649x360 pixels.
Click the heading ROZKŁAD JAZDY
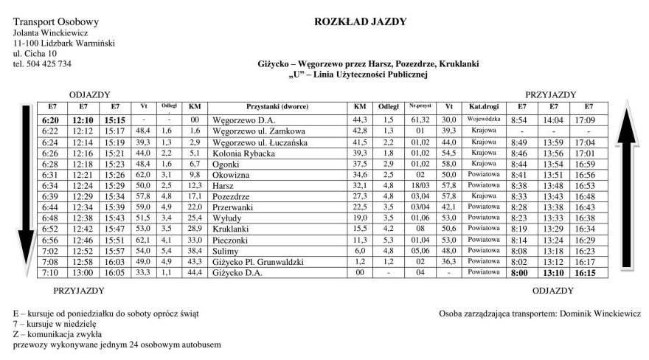pos(360,21)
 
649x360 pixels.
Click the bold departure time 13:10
pos(553,272)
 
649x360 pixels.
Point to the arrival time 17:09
pos(585,120)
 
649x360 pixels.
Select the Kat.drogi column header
pos(485,107)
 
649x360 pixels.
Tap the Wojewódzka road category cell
pos(485,120)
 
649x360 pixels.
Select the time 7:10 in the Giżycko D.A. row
pos(50,272)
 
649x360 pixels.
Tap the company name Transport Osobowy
pos(56,23)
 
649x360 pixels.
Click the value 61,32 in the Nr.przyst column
pos(420,120)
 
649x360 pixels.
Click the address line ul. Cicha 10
pos(35,54)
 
